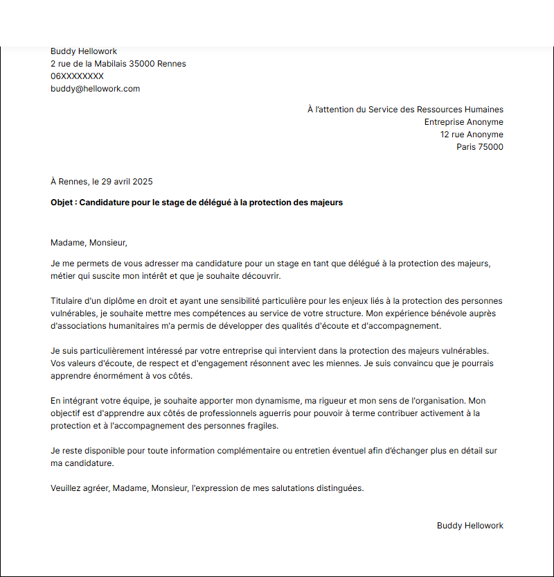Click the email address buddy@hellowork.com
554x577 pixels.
point(95,89)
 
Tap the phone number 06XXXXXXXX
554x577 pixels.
point(77,76)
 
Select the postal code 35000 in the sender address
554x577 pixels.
point(147,64)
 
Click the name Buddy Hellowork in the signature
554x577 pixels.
point(470,526)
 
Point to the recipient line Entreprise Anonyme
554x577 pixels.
point(463,122)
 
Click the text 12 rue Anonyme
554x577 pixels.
point(472,135)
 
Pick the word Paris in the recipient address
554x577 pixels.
point(467,147)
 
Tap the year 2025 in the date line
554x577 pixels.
point(142,182)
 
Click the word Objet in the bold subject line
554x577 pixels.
point(62,203)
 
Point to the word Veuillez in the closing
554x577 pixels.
point(67,488)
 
